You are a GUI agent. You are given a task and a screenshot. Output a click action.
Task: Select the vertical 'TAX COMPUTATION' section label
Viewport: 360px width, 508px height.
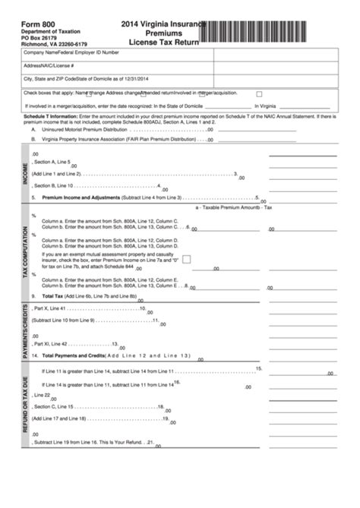click(x=26, y=251)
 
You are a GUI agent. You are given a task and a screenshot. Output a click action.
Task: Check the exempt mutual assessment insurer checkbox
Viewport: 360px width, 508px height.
click(x=186, y=258)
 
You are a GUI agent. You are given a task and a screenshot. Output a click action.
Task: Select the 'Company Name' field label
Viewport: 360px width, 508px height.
click(x=42, y=54)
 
